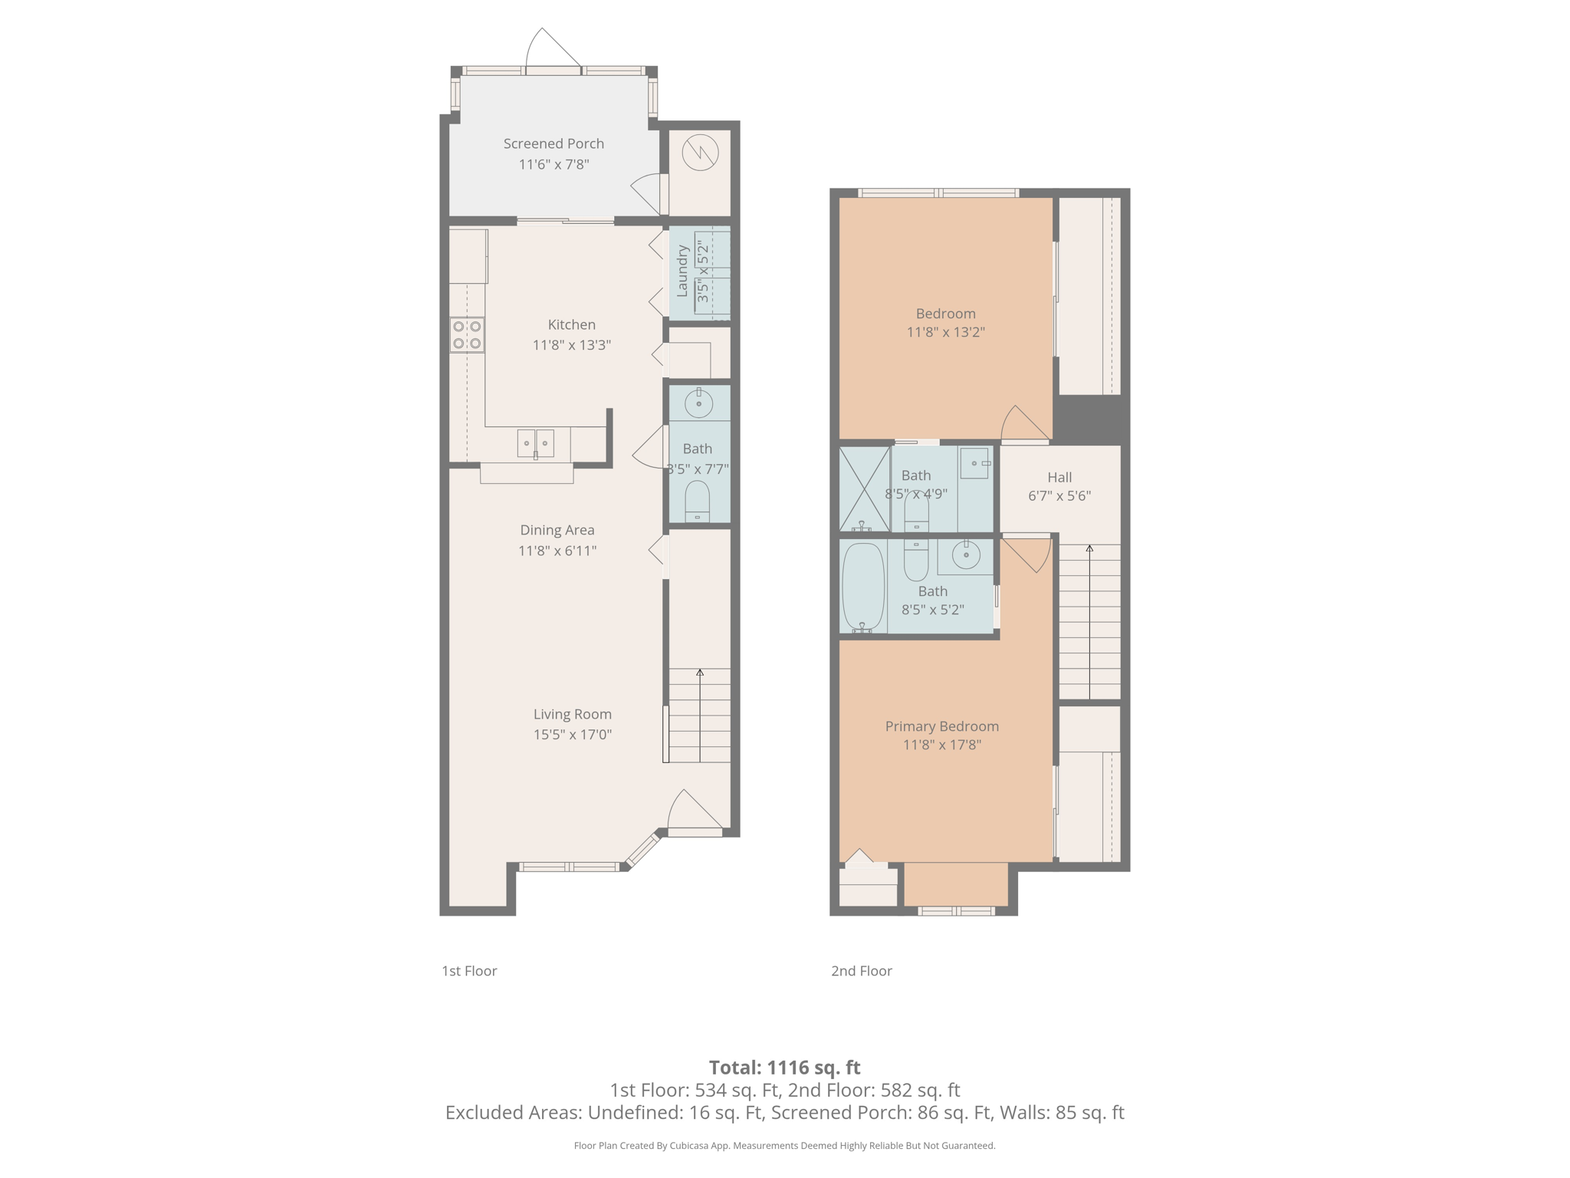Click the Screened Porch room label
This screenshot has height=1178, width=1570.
(553, 143)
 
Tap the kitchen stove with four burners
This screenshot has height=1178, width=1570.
(467, 335)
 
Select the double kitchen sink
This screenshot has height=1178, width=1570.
(535, 443)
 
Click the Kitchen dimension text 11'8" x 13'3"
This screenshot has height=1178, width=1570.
(572, 345)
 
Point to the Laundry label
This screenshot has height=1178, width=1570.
(682, 271)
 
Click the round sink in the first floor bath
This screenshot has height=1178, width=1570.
(698, 403)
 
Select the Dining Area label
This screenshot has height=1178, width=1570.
(557, 530)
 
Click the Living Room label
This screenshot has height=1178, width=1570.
(573, 714)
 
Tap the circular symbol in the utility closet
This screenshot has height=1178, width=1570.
(700, 152)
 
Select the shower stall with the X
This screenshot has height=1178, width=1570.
(864, 489)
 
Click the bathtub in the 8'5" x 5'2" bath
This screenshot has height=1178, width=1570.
(863, 587)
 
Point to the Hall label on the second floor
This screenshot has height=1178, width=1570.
(1059, 477)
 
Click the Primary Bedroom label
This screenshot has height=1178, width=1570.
(942, 726)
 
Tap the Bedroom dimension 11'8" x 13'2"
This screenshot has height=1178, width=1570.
(945, 332)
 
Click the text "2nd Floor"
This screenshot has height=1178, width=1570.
(862, 971)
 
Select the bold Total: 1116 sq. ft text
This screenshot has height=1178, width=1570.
(784, 1068)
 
